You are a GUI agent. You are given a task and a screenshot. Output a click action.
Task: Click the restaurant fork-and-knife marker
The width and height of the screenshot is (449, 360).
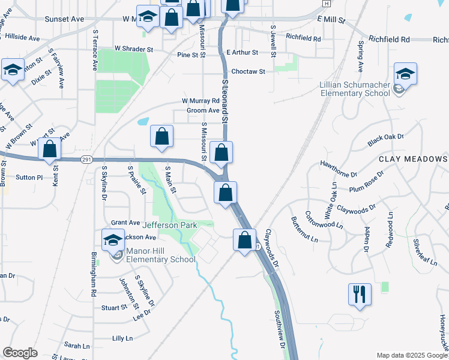pos(360,294)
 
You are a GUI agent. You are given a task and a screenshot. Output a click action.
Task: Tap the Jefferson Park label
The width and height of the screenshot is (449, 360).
pos(169,225)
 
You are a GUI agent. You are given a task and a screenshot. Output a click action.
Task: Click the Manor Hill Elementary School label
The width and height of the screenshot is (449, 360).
pos(160,255)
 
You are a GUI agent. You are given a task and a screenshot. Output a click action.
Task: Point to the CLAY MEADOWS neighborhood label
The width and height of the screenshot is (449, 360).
pos(413,159)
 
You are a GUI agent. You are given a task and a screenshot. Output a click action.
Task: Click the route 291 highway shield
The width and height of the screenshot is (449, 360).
pos(86,159)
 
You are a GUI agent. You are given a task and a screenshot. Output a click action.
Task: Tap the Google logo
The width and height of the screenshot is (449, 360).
pos(20,353)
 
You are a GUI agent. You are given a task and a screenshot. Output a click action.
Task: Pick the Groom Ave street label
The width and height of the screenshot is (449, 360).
pos(203,110)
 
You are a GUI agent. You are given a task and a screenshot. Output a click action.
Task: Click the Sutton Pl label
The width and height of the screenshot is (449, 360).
pos(29,178)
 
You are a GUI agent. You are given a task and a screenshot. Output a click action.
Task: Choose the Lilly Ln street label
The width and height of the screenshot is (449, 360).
pos(122,338)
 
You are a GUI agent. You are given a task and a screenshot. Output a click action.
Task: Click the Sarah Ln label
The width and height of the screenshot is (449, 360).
pos(77,346)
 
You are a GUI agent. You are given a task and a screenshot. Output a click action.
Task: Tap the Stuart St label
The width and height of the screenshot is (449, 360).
pos(114,307)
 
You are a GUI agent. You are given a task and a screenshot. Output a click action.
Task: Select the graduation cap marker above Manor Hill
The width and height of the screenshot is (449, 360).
pos(113,241)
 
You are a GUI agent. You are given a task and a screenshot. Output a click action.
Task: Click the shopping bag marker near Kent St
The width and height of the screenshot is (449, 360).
pos(50,148)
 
